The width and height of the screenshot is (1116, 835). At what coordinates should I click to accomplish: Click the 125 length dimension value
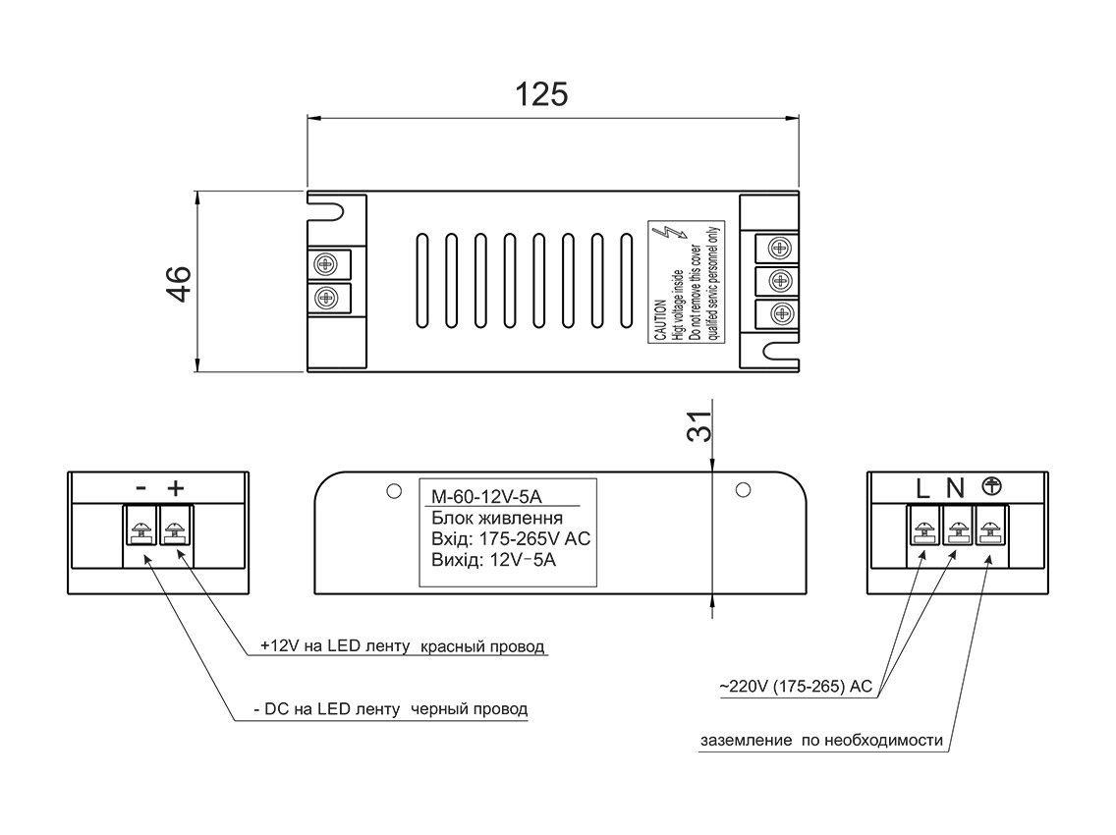(x=541, y=94)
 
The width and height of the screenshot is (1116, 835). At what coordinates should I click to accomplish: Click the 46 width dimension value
(x=180, y=283)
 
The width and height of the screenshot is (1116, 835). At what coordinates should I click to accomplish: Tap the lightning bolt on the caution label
(x=671, y=235)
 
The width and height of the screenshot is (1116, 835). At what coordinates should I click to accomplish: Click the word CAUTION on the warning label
(x=661, y=319)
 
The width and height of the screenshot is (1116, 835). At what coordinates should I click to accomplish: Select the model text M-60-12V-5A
(x=487, y=496)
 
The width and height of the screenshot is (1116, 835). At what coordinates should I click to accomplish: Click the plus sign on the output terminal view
(x=175, y=487)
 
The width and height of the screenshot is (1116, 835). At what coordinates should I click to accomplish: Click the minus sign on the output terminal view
(x=141, y=488)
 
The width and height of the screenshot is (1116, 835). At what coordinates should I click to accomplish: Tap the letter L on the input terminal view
(x=922, y=489)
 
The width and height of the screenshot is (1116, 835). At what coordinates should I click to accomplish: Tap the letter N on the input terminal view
(x=955, y=489)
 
